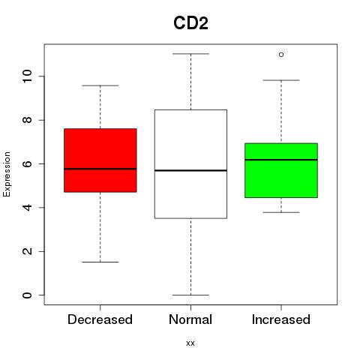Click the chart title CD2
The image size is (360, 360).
coord(190,23)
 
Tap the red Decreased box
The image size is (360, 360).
coord(100,160)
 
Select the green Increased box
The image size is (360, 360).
coord(281,170)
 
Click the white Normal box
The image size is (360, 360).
coord(190,164)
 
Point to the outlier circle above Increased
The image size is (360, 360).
coord(281,55)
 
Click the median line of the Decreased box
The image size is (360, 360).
coord(100,169)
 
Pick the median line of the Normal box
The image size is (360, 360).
coord(190,170)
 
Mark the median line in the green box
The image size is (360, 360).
coord(281,160)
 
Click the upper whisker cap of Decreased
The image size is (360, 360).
coord(100,85)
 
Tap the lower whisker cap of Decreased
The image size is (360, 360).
coord(100,262)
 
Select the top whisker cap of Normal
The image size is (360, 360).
coord(190,54)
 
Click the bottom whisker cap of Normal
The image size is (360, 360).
coord(190,295)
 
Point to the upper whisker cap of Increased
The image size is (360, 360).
coord(281,80)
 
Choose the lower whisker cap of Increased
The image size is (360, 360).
coord(281,212)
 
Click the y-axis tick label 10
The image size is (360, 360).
coord(27,76)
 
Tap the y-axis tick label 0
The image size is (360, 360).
coord(27,295)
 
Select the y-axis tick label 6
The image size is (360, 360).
coord(27,163)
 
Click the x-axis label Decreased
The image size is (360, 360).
coord(100,319)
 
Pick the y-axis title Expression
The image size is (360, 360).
coord(7,174)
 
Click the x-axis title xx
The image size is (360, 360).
coord(190,343)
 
